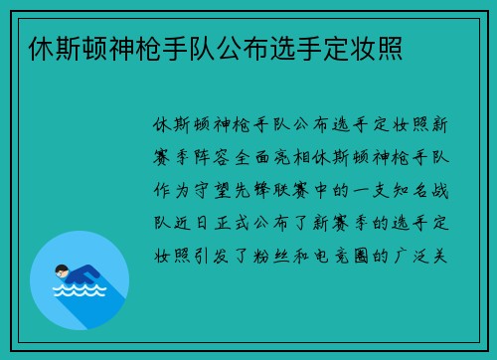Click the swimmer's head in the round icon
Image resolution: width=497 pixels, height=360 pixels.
[x=61, y=270]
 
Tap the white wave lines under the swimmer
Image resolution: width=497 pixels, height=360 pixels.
[x=79, y=292]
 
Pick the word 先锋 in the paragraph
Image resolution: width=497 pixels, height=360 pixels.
[x=263, y=186]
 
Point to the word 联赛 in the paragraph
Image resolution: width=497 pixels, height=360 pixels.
[x=310, y=186]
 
